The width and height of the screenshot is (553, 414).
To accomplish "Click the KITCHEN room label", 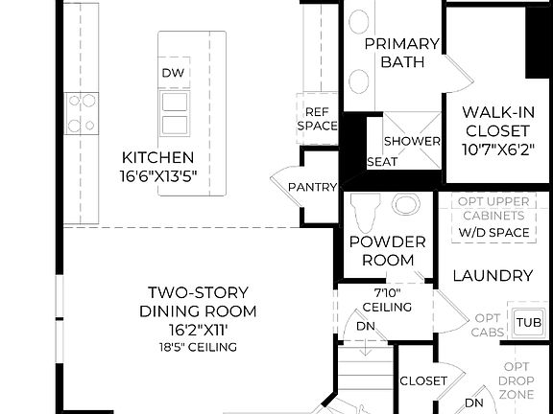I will (x=158, y=157).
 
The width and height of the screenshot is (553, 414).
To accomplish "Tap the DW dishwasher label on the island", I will (x=173, y=74).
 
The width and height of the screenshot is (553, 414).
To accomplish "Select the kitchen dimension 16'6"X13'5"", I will (x=158, y=175).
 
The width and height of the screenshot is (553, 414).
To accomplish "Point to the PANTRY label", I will (x=313, y=187).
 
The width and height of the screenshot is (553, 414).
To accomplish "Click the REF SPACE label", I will (x=316, y=118).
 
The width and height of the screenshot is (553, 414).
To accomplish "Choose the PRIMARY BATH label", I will (x=402, y=53).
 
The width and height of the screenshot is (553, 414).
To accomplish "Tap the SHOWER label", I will (x=412, y=141).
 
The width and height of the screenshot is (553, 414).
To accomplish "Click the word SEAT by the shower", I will (x=383, y=162).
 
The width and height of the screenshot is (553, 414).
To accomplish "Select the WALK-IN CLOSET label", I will (x=495, y=120).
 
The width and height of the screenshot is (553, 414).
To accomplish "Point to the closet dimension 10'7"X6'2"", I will (x=495, y=149).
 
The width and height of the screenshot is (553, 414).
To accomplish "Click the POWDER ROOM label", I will (x=381, y=251).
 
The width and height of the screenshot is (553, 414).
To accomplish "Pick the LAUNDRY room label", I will (x=493, y=276).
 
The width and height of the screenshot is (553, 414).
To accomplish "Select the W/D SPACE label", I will (x=494, y=233).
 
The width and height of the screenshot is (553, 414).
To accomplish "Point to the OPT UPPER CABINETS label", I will (x=494, y=208).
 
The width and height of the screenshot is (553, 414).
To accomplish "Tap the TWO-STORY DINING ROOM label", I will (x=199, y=302).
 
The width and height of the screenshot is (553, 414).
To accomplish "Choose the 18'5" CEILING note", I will (x=199, y=347).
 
